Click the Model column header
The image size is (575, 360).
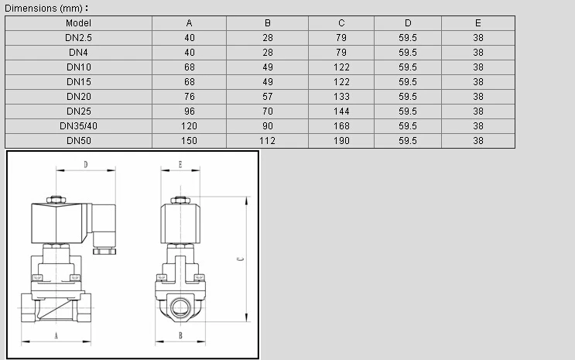click(78, 23)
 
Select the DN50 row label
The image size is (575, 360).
click(78, 141)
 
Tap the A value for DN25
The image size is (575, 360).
click(190, 111)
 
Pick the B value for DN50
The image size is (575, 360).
click(267, 141)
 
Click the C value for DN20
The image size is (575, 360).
click(341, 97)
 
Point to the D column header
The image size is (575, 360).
click(408, 23)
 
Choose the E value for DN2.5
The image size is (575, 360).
click(478, 38)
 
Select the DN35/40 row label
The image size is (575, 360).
click(78, 126)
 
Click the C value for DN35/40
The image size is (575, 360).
click(341, 126)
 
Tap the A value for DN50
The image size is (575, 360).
click(190, 141)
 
